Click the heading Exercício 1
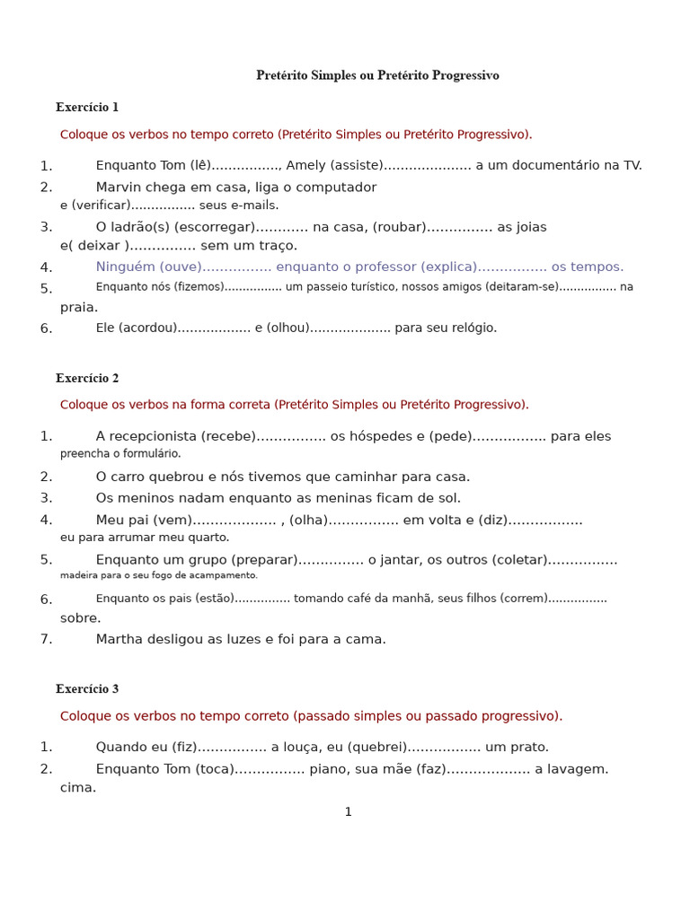(87, 108)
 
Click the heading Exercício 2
(87, 379)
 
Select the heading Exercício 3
(87, 689)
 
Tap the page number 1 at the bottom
(349, 812)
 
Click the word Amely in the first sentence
(305, 165)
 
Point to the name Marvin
(119, 188)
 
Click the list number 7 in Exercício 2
(47, 640)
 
